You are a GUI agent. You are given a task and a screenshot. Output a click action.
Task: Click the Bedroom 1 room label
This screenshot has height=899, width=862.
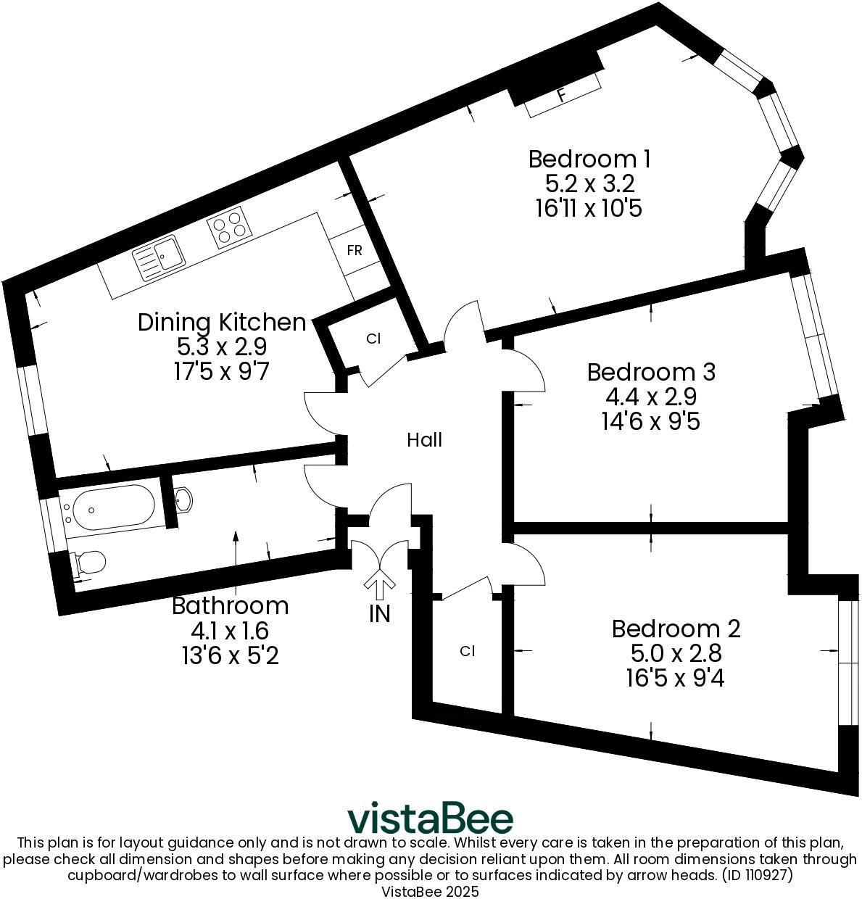(589, 159)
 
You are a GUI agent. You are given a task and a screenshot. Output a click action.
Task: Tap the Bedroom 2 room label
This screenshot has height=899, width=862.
(676, 629)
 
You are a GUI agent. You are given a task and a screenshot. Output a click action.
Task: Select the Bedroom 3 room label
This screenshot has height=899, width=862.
(651, 372)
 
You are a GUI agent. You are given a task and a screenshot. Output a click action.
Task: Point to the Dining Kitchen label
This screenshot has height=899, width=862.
(222, 322)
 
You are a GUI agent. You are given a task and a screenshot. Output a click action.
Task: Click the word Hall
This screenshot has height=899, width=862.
(424, 440)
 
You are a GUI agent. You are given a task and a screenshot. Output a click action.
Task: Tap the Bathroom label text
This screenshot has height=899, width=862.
(230, 605)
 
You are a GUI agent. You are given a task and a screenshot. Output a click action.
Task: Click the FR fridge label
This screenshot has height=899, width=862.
(355, 251)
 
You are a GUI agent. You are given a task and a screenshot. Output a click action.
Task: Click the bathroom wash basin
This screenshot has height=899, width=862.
(184, 499)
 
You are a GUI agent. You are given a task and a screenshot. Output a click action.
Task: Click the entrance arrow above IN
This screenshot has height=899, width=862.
(378, 582)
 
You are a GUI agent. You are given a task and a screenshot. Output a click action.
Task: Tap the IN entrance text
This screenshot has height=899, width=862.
(379, 614)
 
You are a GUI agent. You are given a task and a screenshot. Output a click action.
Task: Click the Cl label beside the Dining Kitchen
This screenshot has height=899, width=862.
(373, 339)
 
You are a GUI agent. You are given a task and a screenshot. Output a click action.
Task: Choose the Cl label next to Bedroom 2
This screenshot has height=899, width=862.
(467, 651)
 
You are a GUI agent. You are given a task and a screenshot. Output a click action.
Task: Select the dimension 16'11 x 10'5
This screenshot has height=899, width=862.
(589, 209)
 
